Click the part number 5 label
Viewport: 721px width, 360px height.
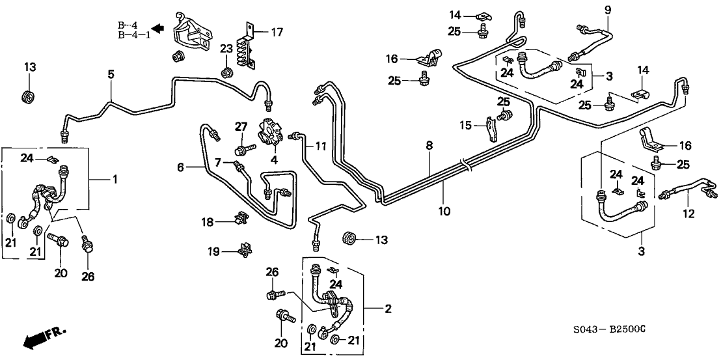pos(111,75)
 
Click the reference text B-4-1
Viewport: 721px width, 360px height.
pos(134,35)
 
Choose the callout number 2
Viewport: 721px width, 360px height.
pos(388,309)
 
